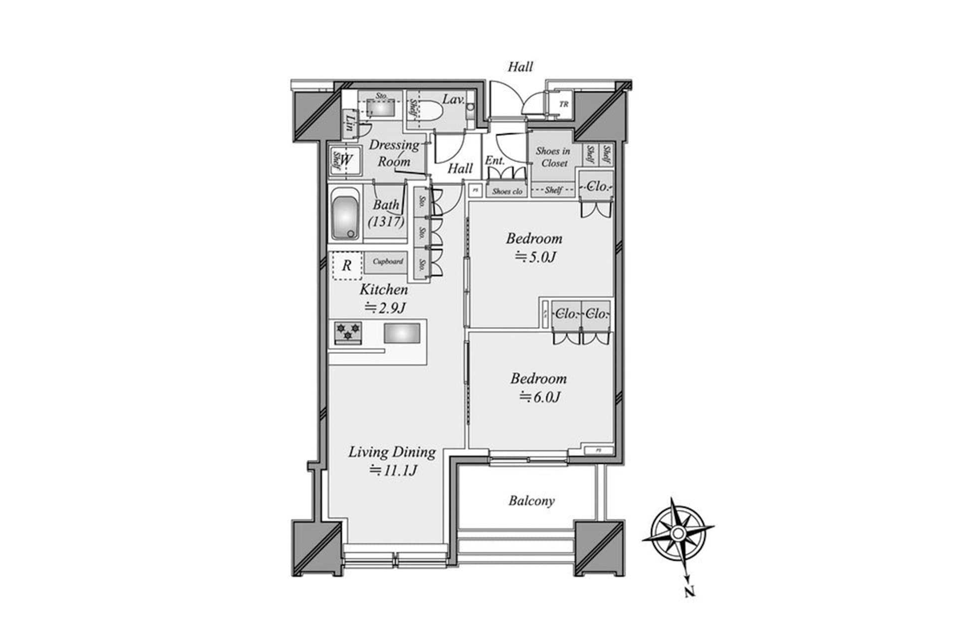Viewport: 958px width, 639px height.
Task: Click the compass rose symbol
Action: pos(678,535)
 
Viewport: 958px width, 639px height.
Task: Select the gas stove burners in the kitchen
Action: pos(348,332)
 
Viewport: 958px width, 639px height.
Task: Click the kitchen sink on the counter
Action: pos(402,333)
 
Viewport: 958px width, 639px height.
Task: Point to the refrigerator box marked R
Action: pos(346,265)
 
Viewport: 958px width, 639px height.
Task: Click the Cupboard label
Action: pos(388,262)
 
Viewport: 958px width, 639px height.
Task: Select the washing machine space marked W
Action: pos(346,161)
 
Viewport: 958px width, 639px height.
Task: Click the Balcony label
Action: pos(531,501)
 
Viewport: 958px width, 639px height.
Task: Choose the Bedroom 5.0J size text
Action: pos(535,257)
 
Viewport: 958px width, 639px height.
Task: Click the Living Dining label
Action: pos(392,452)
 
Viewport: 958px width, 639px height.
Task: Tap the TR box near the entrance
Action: pos(563,104)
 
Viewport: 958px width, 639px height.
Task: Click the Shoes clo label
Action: pos(507,191)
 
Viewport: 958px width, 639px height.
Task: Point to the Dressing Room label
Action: pos(394,153)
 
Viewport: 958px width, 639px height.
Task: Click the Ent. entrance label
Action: pos(494,161)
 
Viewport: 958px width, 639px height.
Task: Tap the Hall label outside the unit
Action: pos(520,67)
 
